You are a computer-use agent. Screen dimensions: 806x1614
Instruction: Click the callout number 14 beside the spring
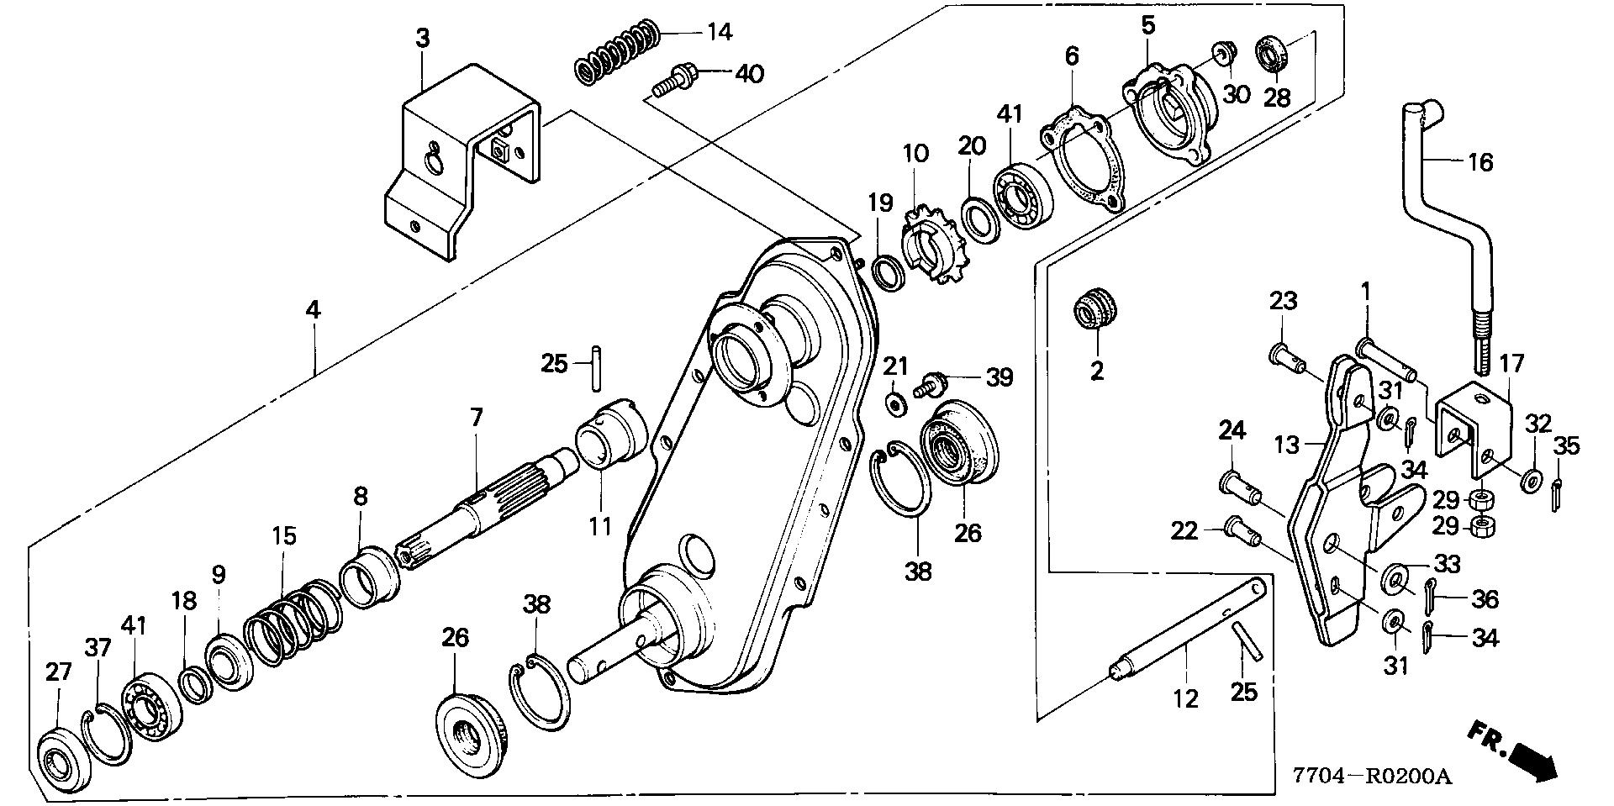pyautogui.click(x=720, y=33)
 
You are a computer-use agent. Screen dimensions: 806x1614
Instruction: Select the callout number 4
pyautogui.click(x=313, y=310)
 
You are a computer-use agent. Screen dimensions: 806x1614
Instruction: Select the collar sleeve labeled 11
pyautogui.click(x=611, y=436)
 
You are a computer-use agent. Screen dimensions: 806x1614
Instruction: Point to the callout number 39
pyautogui.click(x=999, y=377)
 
